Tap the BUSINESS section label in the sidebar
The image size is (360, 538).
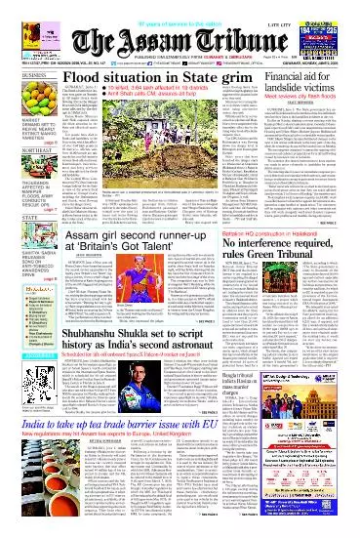click(x=19, y=72)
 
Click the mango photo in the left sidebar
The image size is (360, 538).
click(x=20, y=99)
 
